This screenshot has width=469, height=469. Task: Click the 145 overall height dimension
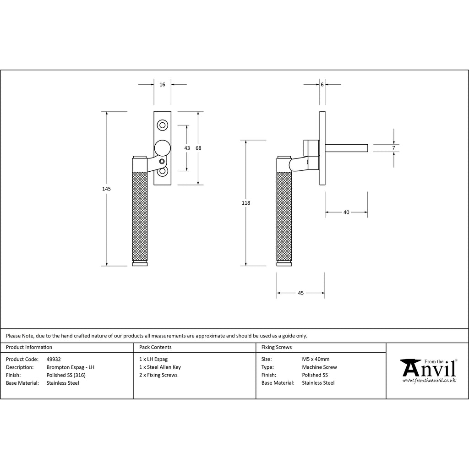(x=106, y=189)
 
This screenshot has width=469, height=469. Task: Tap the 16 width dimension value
(x=162, y=85)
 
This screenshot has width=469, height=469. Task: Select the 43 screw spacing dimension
(x=187, y=148)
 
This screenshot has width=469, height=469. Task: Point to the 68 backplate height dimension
(x=198, y=148)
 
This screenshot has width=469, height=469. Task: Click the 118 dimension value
(x=246, y=203)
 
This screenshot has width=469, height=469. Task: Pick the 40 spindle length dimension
(x=346, y=213)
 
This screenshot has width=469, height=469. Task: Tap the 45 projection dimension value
(x=300, y=293)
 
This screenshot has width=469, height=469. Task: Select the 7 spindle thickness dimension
(x=393, y=148)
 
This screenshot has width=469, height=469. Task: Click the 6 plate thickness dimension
(x=322, y=85)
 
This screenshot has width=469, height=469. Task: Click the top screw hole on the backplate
(x=163, y=125)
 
